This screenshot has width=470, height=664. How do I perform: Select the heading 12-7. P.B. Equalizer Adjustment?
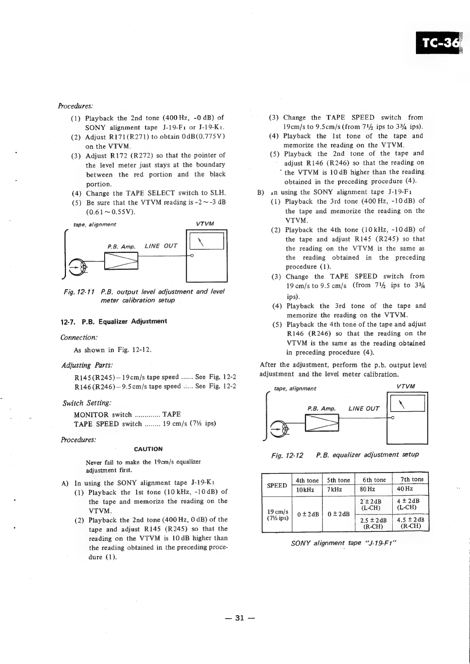coord(113,322)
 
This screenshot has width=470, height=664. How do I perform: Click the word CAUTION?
coord(148,449)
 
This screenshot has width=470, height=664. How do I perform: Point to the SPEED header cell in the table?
coord(277,485)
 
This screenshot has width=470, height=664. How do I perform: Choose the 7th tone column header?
coord(412,480)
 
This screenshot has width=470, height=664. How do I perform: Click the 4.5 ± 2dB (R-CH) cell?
coord(410,523)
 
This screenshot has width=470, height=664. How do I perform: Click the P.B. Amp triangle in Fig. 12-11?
coord(121,261)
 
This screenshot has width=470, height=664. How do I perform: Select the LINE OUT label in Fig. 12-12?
coord(363,409)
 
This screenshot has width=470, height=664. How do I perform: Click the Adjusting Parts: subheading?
coord(87,365)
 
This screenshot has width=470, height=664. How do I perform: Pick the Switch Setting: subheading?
coord(86,403)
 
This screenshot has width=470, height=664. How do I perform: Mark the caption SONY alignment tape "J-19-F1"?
coord(343,543)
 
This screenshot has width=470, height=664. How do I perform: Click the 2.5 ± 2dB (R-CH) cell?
coord(373,523)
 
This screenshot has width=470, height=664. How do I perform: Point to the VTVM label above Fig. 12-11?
coord(205,224)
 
